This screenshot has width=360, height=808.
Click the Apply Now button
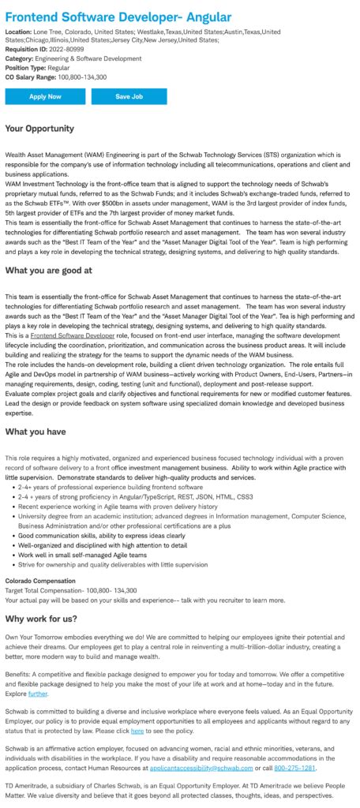point(45,96)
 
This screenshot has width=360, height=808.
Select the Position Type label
point(27,67)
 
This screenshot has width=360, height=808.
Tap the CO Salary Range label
point(30,77)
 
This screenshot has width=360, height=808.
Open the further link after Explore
point(39,694)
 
